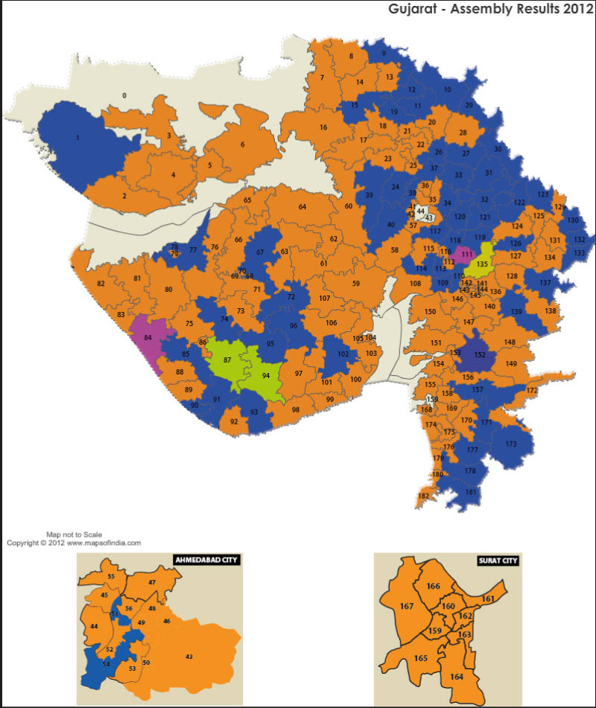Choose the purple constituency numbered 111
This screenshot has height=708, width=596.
click(466, 255)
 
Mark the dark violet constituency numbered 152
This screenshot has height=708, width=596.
click(479, 356)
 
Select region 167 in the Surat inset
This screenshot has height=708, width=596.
click(407, 607)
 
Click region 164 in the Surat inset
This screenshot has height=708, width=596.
click(456, 676)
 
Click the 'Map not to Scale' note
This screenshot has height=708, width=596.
click(74, 535)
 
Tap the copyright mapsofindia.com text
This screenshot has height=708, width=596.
click(74, 543)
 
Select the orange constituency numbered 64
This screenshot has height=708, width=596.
click(302, 206)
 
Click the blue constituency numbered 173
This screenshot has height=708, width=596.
click(511, 444)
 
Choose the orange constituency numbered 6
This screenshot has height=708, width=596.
click(242, 145)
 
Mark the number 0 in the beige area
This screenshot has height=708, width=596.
click(124, 95)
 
